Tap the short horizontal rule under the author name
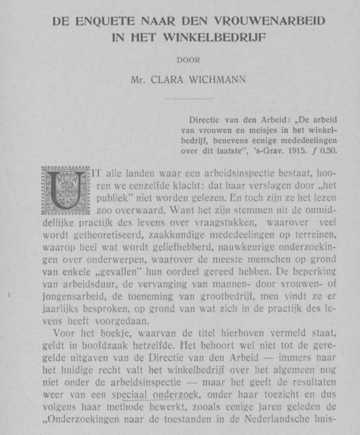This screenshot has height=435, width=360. tap(188, 99)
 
